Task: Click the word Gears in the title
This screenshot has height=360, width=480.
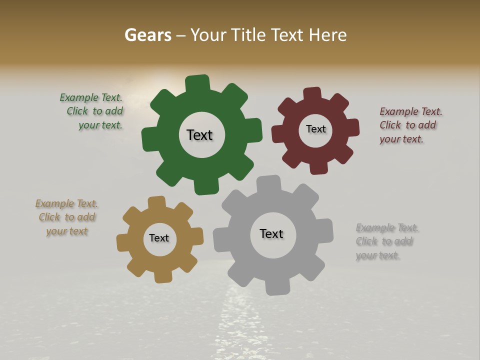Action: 148,35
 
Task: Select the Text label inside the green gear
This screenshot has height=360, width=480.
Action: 199,135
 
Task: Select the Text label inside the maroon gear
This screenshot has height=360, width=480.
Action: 315,129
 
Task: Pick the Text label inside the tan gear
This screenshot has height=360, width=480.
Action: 159,238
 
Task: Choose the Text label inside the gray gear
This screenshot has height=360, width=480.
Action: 271,234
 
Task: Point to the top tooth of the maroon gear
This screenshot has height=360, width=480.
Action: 312,94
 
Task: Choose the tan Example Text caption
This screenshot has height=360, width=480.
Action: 67,217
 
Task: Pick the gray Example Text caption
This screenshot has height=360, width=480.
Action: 386,241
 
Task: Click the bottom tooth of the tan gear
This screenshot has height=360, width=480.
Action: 163,276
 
